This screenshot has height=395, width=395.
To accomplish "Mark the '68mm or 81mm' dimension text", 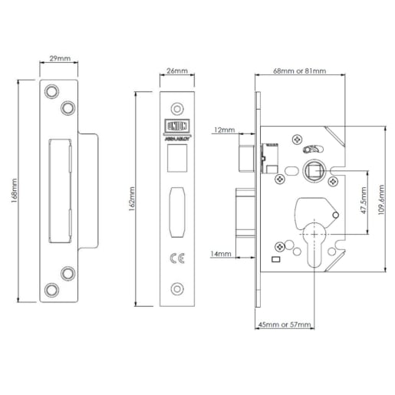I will [x=301, y=71].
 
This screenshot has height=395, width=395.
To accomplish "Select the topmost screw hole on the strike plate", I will [x=52, y=91].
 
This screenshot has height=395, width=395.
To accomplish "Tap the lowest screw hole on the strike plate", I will [x=52, y=288].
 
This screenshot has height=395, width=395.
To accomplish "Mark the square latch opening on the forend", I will [x=176, y=156].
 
